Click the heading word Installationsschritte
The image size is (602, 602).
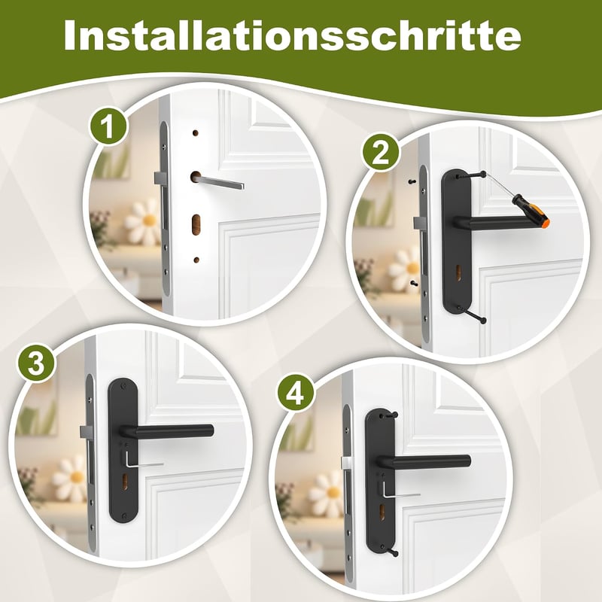(x=293, y=35)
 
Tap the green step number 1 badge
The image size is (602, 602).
(x=108, y=126)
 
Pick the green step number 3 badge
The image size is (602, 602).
(x=36, y=363)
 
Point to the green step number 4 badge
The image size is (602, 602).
(x=296, y=394)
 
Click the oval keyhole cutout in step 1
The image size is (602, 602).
(x=196, y=224)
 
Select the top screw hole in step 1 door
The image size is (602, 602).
(x=196, y=133)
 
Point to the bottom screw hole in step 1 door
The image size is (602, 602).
(x=196, y=260)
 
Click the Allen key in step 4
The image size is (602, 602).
(x=400, y=491)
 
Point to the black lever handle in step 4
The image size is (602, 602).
(x=424, y=462)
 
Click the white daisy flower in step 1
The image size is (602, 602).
(x=143, y=222)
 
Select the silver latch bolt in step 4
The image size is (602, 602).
(x=346, y=463)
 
